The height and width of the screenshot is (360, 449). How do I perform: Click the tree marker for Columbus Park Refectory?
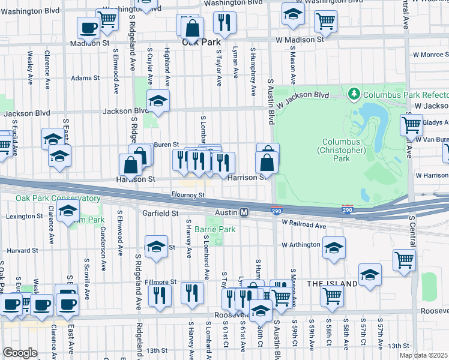pyautogui.click(x=354, y=94)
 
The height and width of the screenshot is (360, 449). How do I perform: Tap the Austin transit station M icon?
pyautogui.click(x=244, y=212)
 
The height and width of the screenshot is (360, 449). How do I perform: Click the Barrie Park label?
pyautogui.click(x=218, y=229)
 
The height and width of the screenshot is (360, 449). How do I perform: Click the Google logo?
pyautogui.click(x=20, y=353)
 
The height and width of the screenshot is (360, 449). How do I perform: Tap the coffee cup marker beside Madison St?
pyautogui.click(x=89, y=27)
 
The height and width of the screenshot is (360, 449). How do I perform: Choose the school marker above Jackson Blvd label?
pyautogui.click(x=158, y=101)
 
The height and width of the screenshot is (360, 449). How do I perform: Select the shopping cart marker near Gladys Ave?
pyautogui.click(x=412, y=125)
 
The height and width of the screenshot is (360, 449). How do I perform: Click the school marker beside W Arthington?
pyautogui.click(x=334, y=247)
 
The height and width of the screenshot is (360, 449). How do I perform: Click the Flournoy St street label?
pyautogui.click(x=188, y=194)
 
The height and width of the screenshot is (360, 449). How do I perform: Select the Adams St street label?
pyautogui.click(x=85, y=78)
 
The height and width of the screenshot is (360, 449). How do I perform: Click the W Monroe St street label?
pyautogui.click(x=429, y=55)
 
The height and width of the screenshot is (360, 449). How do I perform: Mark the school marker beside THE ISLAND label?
pyautogui.click(x=370, y=274)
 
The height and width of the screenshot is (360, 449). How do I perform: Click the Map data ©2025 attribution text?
pyautogui.click(x=423, y=355)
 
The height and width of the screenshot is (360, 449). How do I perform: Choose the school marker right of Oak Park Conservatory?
pyautogui.click(x=68, y=212)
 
